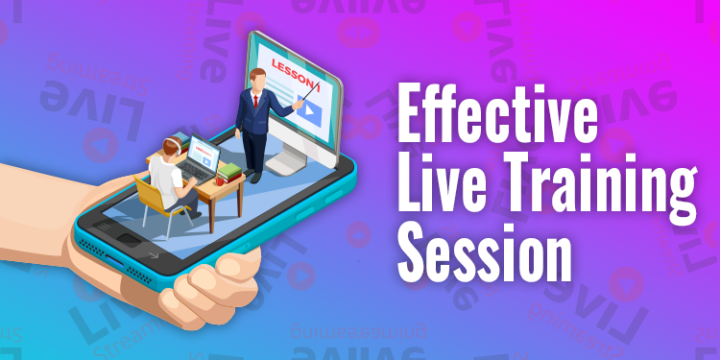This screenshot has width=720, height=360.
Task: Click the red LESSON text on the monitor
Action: pos(293,68)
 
